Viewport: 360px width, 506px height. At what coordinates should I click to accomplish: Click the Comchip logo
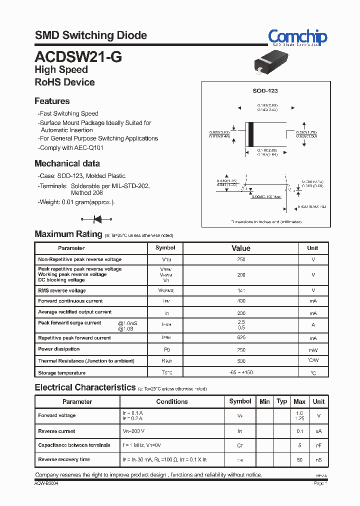pyautogui.click(x=297, y=37)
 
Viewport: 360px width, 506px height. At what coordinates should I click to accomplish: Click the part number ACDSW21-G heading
pyautogui.click(x=78, y=56)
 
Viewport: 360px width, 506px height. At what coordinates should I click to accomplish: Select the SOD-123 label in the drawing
pyautogui.click(x=264, y=90)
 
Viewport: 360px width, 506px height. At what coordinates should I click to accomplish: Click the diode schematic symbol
pyautogui.click(x=97, y=218)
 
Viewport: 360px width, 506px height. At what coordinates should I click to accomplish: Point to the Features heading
pyautogui.click(x=52, y=101)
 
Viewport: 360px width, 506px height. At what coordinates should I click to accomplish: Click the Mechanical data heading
pyautogui.click(x=67, y=163)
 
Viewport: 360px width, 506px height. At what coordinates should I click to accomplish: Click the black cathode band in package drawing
pyautogui.click(x=251, y=133)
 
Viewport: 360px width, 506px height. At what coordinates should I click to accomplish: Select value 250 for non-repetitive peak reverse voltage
pyautogui.click(x=241, y=259)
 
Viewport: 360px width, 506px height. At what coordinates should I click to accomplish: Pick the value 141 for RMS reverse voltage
pyautogui.click(x=241, y=290)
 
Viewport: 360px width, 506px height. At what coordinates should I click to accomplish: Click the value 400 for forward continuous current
pyautogui.click(x=241, y=301)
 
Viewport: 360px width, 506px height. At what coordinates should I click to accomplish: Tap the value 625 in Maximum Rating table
pyautogui.click(x=241, y=338)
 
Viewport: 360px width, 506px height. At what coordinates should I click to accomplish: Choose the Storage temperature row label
pyautogui.click(x=62, y=373)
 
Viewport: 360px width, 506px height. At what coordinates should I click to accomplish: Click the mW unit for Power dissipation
pyautogui.click(x=313, y=350)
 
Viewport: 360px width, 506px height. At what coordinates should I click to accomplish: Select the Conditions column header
pyautogui.click(x=172, y=401)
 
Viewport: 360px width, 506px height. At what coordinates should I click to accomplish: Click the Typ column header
pyautogui.click(x=282, y=401)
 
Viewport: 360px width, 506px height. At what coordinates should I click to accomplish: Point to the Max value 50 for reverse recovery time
pyautogui.click(x=299, y=459)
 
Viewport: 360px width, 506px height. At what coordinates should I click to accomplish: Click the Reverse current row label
pyautogui.click(x=57, y=431)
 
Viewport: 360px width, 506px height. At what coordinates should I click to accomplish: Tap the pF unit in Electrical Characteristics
pyautogui.click(x=318, y=445)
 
